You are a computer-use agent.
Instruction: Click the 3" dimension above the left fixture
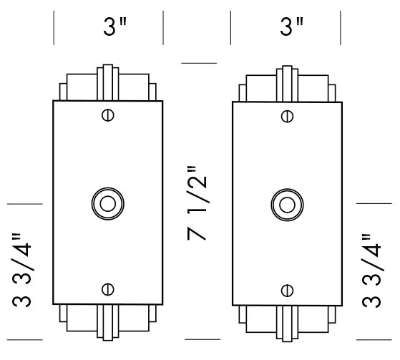114,28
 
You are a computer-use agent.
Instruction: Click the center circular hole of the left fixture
107,203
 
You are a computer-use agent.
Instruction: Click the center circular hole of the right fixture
287,203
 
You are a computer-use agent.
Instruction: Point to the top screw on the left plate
107,114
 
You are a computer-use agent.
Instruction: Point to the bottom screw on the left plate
107,289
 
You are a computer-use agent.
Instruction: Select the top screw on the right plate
287,115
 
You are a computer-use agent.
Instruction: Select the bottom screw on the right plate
287,290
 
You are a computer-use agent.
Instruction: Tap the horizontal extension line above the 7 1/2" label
199,63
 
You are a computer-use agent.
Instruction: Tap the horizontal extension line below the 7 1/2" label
199,339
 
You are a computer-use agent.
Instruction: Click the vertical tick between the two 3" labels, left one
164,28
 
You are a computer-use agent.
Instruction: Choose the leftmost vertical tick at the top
54,28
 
